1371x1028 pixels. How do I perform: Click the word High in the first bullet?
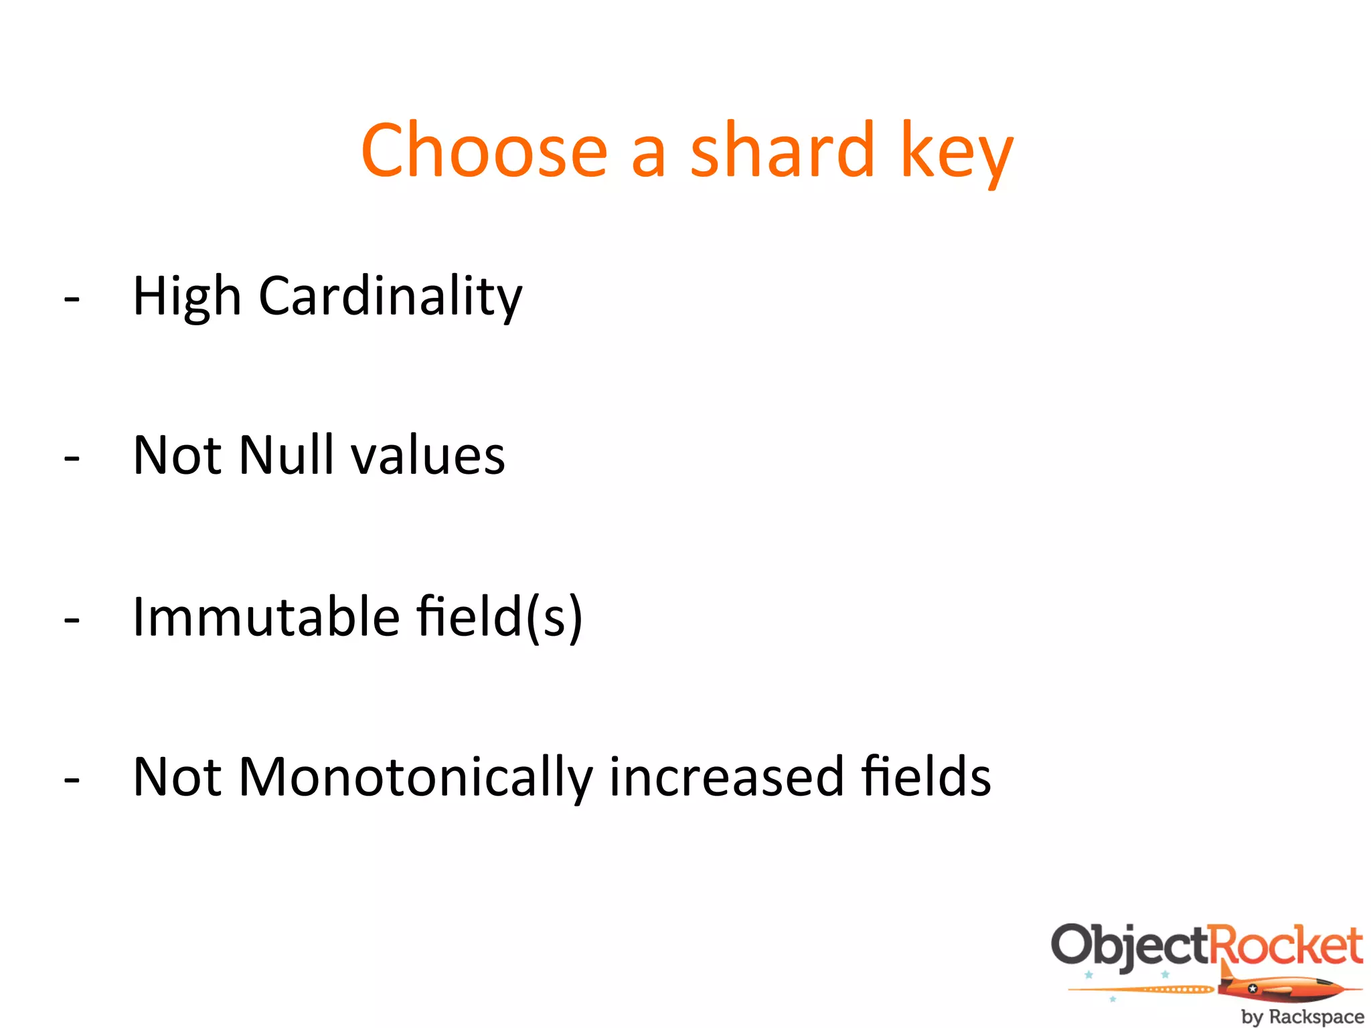(187, 296)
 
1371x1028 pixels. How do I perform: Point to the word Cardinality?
(390, 296)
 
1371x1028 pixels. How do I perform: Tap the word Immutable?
(266, 616)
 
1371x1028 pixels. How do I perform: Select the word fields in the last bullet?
(926, 776)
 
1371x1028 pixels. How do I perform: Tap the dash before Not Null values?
(72, 459)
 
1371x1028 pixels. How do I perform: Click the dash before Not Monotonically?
(72, 780)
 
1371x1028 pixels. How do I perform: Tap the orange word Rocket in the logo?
(1287, 945)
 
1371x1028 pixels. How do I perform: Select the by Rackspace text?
(1301, 1017)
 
